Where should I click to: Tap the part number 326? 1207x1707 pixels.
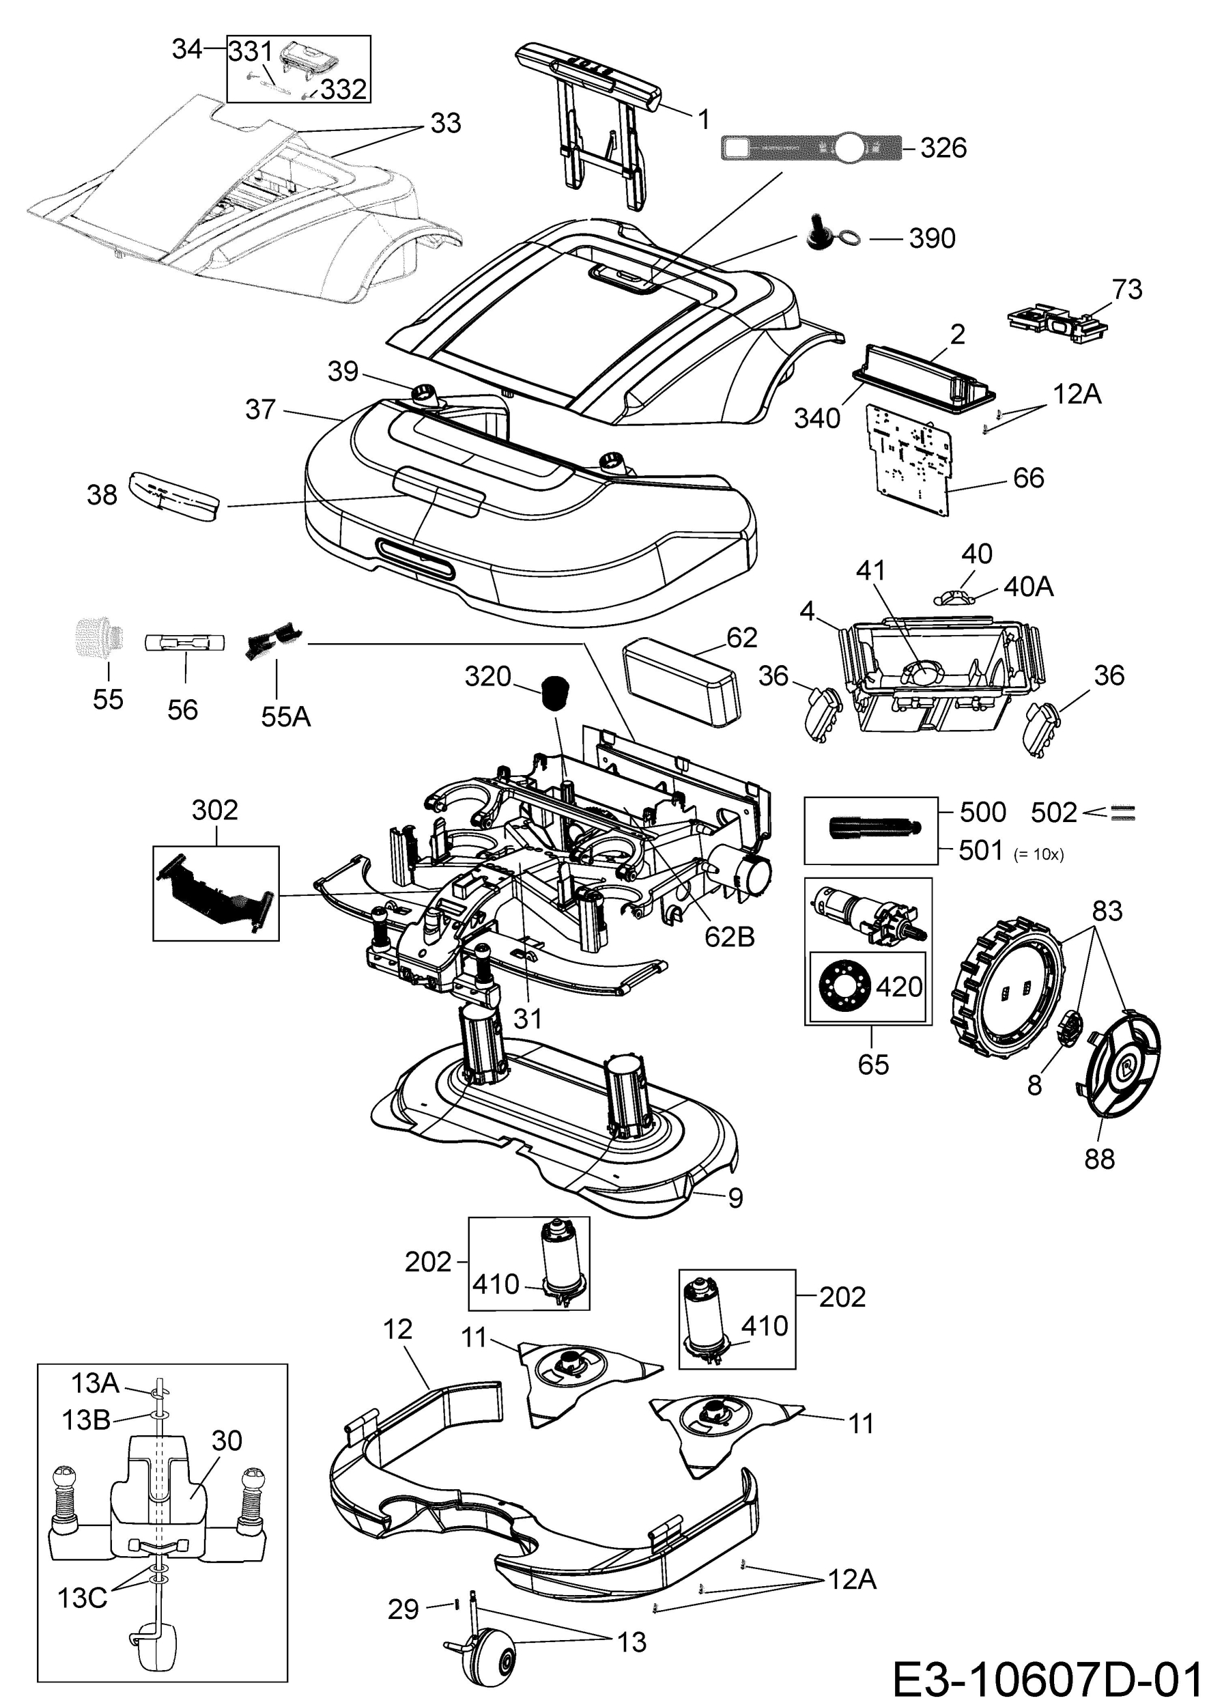pyautogui.click(x=943, y=148)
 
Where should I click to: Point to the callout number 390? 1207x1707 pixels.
pyautogui.click(x=932, y=239)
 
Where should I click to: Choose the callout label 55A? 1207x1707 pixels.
pyautogui.click(x=286, y=717)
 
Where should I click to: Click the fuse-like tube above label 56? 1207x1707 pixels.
pyautogui.click(x=183, y=643)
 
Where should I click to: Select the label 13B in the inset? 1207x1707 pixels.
pyautogui.click(x=86, y=1420)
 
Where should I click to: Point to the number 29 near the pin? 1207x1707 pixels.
pyautogui.click(x=403, y=1609)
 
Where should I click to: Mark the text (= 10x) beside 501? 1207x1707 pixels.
pyautogui.click(x=1039, y=855)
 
